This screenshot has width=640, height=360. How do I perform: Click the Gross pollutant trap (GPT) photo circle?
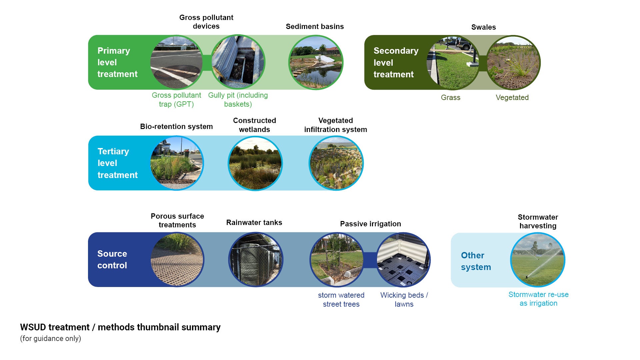pos(176,62)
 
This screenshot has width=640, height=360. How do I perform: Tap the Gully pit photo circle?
pos(238,62)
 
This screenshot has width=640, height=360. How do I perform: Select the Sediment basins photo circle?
pos(315,62)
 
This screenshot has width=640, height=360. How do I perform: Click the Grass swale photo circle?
pos(453,63)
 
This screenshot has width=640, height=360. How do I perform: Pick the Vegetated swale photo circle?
pos(513,63)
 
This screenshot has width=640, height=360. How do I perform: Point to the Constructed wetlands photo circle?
pos(255,163)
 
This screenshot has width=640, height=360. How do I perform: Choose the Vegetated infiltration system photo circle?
pos(336,163)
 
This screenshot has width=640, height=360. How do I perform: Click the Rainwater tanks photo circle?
pos(256,260)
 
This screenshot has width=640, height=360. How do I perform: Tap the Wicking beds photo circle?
pos(403,260)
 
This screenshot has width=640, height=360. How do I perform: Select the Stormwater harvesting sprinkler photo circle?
pos(538,260)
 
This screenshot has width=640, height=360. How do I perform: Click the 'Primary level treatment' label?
pos(117,62)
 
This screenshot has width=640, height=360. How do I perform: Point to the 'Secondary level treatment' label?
pos(396,63)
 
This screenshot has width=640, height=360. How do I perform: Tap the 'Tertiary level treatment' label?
pos(117,163)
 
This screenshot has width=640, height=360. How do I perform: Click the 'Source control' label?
pos(112,260)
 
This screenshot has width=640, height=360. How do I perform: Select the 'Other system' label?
pos(476,261)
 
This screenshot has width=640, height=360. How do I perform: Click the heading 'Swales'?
pos(483,27)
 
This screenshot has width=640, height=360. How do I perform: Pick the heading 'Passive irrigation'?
pos(370,224)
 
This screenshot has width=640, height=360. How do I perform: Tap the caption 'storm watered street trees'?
pos(341,300)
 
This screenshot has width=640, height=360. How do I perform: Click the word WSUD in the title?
pos(32,327)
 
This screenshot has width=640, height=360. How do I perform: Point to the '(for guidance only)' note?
pos(50,339)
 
